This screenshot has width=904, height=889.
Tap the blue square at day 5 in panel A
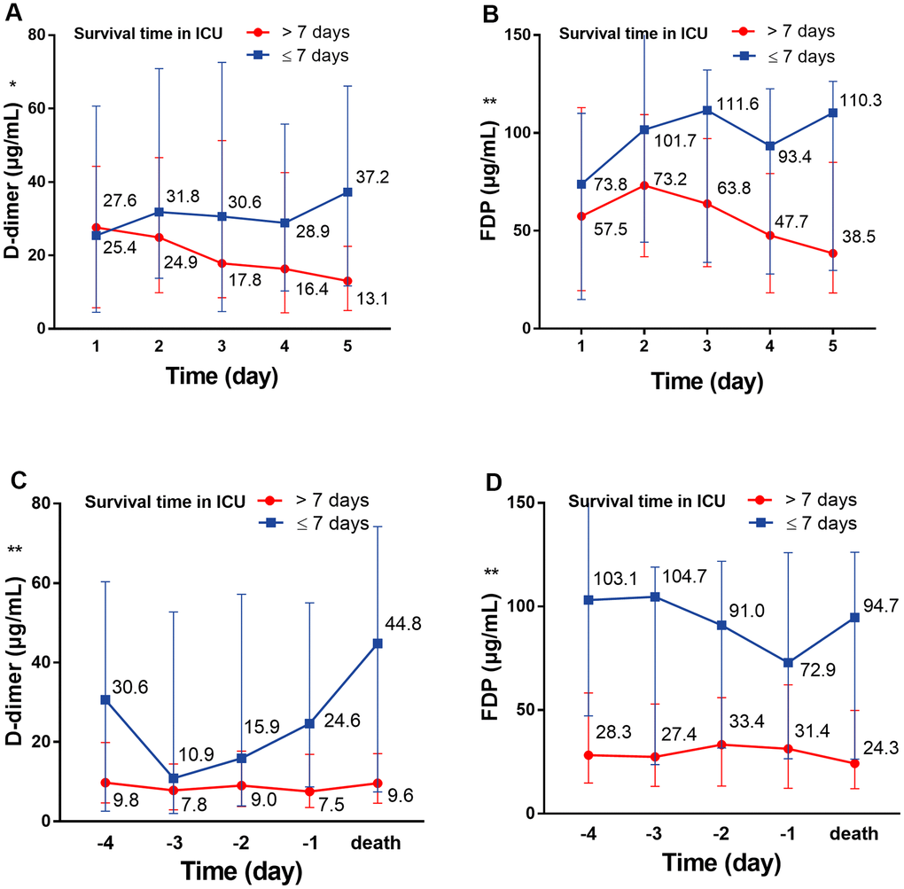click(x=348, y=192)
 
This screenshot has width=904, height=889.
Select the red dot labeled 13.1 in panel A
click(x=348, y=281)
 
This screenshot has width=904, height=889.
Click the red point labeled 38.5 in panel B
click(x=832, y=253)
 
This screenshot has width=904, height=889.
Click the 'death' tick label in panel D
click(x=854, y=834)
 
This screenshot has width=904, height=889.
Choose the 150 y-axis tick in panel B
click(x=517, y=35)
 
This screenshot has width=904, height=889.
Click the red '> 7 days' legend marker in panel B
click(x=742, y=32)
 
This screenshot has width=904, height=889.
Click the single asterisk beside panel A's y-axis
click(x=13, y=85)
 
